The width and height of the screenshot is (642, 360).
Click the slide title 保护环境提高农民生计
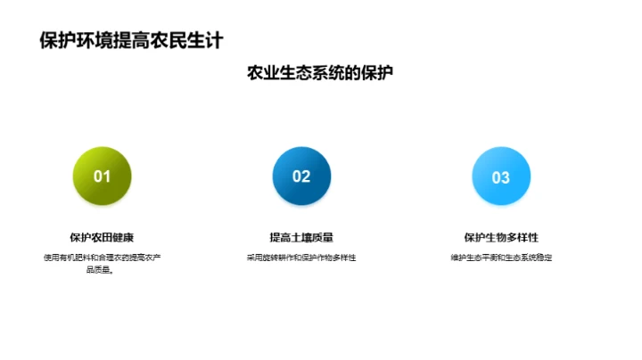pyautogui.click(x=131, y=40)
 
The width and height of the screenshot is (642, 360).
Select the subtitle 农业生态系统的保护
pyautogui.click(x=320, y=74)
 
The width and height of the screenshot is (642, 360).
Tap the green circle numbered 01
pyautogui.click(x=103, y=176)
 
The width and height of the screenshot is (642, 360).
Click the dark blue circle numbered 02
pyautogui.click(x=301, y=176)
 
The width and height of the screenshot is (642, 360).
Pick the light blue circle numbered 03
pyautogui.click(x=501, y=176)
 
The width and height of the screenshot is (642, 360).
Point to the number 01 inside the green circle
pyautogui.click(x=103, y=176)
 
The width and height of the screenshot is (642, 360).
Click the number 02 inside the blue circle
pyautogui.click(x=301, y=176)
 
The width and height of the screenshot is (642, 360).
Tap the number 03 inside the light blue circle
pyautogui.click(x=501, y=177)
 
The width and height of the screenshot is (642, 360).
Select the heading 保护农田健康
pyautogui.click(x=102, y=238)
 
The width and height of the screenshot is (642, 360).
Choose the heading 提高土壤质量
pyautogui.click(x=301, y=238)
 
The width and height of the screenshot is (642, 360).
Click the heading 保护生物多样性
pyautogui.click(x=501, y=238)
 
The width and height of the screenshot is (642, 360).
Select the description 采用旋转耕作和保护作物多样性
pyautogui.click(x=301, y=258)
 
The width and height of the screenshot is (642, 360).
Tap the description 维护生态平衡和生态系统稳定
pyautogui.click(x=501, y=258)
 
